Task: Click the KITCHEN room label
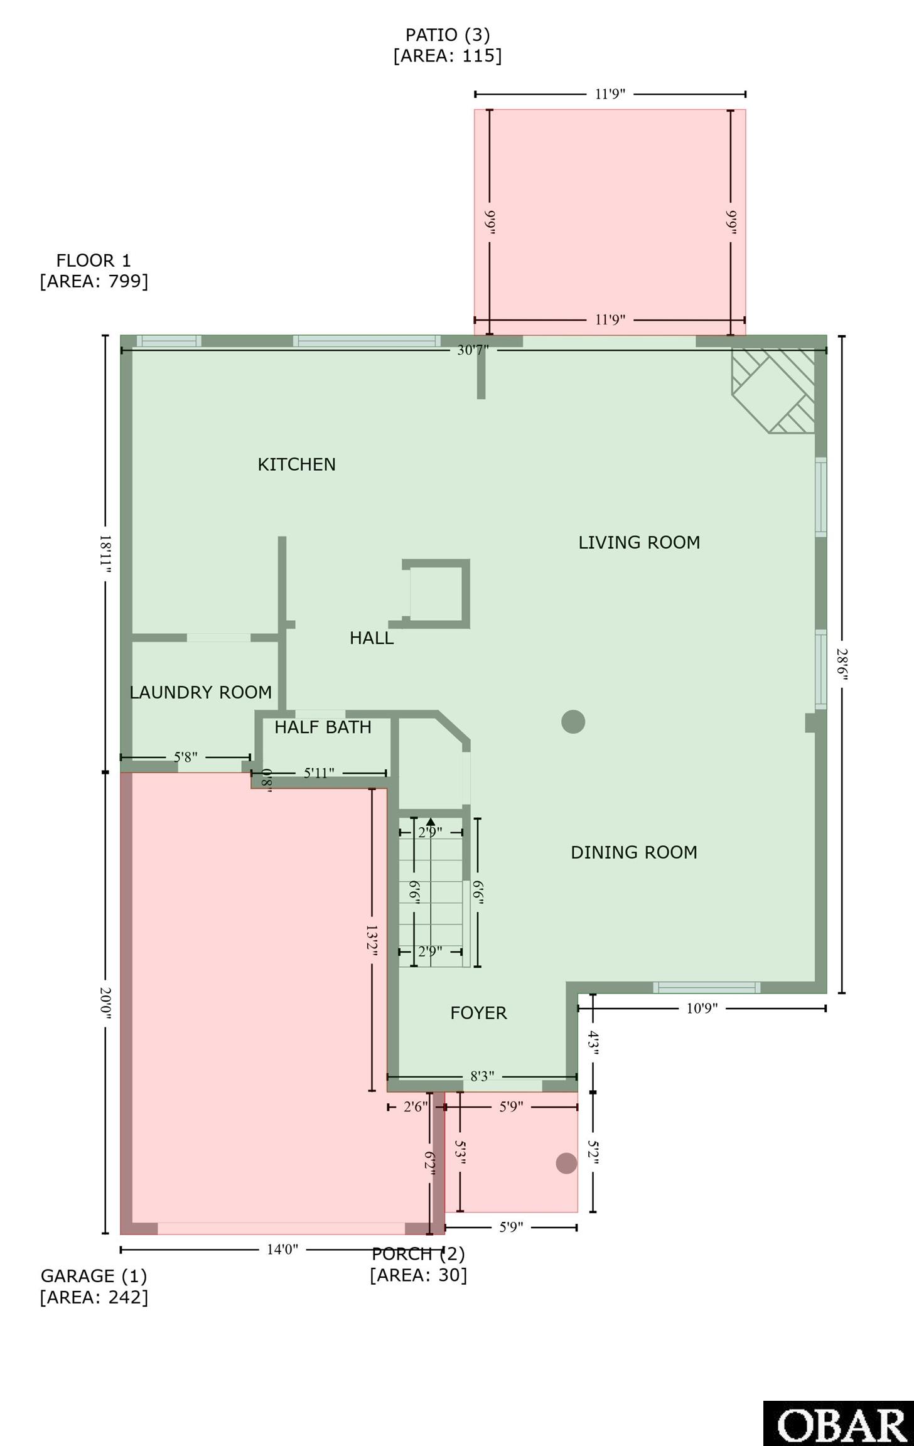point(296,464)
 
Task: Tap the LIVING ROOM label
point(639,542)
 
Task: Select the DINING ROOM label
point(634,852)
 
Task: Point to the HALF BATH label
point(323,727)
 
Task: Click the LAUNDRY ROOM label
point(201,692)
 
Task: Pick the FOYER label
point(478,1013)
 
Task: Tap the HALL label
point(372,638)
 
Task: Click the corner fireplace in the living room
point(773,390)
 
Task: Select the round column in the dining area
point(573,722)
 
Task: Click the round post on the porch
point(567,1163)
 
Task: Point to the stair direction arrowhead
point(431,822)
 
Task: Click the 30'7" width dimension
point(473,350)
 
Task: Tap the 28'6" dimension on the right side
point(842,665)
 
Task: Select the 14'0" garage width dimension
point(282,1250)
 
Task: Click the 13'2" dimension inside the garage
point(372,940)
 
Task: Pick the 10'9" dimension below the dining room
point(702,1009)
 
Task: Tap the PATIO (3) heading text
point(448,35)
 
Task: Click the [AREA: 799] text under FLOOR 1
point(94,281)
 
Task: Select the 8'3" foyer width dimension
point(482,1077)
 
